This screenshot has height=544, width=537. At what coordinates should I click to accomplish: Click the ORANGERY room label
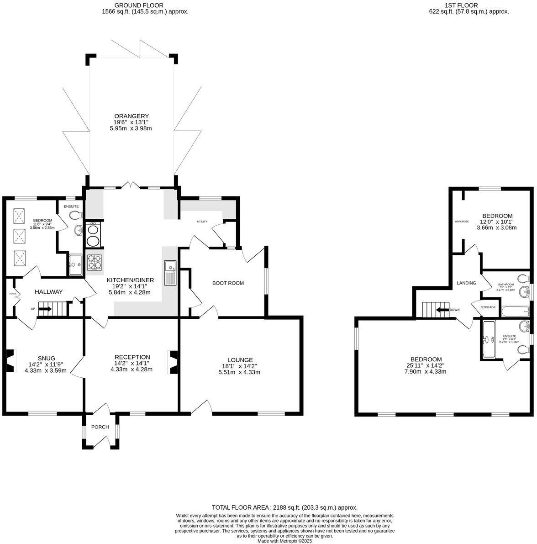click(x=131, y=116)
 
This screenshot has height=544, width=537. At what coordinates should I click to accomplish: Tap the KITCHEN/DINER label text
click(x=131, y=280)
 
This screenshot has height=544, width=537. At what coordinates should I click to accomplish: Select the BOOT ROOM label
click(x=228, y=283)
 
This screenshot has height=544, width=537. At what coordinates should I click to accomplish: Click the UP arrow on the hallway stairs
click(x=45, y=309)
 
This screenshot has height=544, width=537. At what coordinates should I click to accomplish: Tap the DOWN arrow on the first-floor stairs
click(x=442, y=310)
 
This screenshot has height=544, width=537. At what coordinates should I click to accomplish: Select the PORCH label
click(x=100, y=427)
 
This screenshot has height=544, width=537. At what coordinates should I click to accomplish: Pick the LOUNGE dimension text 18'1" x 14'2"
click(x=239, y=366)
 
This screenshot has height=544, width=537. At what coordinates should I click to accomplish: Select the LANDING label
click(x=466, y=283)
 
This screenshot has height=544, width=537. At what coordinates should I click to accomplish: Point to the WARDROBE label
click(x=462, y=222)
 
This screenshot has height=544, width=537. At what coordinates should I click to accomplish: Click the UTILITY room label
click(x=202, y=222)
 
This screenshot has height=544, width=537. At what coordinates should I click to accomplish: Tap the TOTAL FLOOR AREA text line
click(x=284, y=507)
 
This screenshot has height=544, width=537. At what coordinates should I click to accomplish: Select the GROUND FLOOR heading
click(x=145, y=5)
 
